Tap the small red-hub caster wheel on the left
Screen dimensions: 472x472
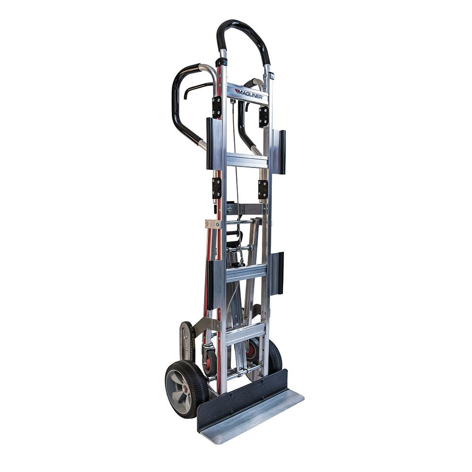[209, 362]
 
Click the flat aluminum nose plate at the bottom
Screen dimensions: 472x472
[255, 415]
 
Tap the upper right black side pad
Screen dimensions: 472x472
[281, 152]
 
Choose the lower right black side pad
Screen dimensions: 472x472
[280, 273]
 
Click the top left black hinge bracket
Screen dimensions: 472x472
[217, 107]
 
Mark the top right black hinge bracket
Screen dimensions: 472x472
[263, 116]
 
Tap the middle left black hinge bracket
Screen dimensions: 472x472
[217, 187]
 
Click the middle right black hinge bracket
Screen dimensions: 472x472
[263, 189]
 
